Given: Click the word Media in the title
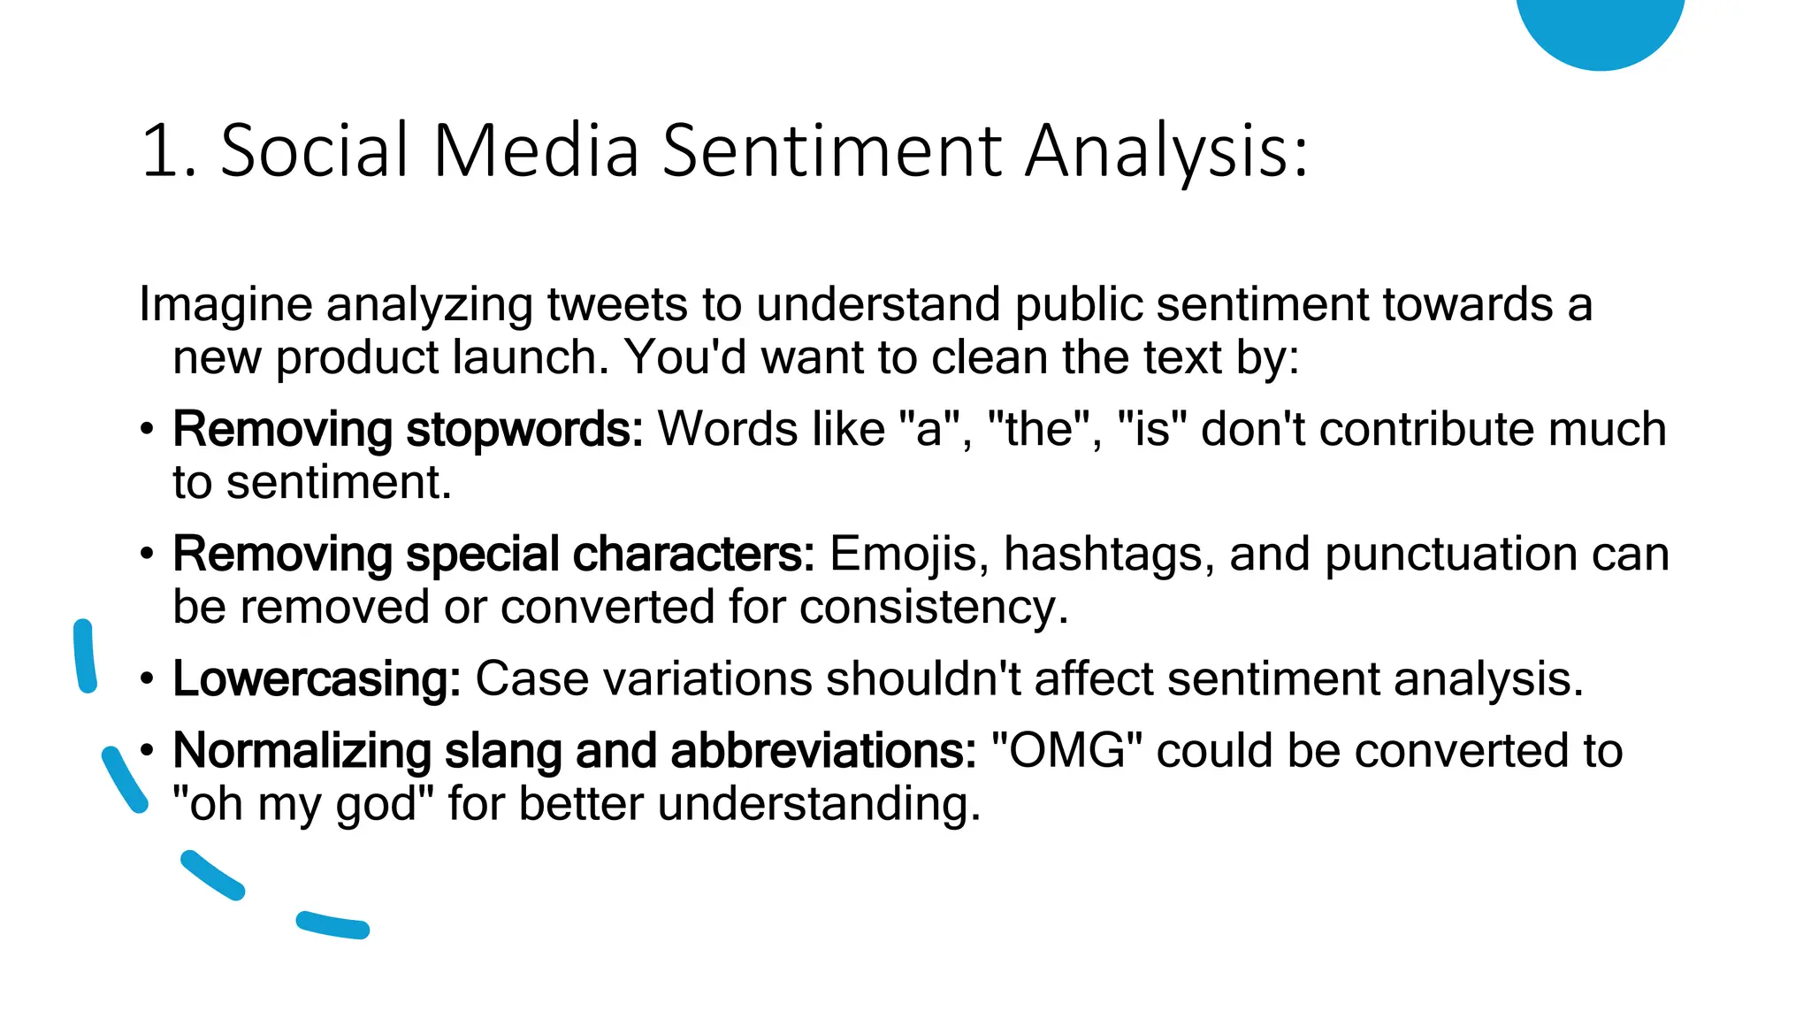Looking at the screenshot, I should [536, 150].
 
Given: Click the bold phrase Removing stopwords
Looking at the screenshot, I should [408, 430].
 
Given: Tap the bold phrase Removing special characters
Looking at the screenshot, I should [493, 555].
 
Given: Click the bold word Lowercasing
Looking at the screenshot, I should [317, 679].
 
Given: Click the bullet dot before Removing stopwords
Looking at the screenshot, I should [147, 431].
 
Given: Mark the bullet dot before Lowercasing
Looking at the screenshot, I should [147, 680].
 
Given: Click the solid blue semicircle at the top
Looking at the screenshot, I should [1600, 27].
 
